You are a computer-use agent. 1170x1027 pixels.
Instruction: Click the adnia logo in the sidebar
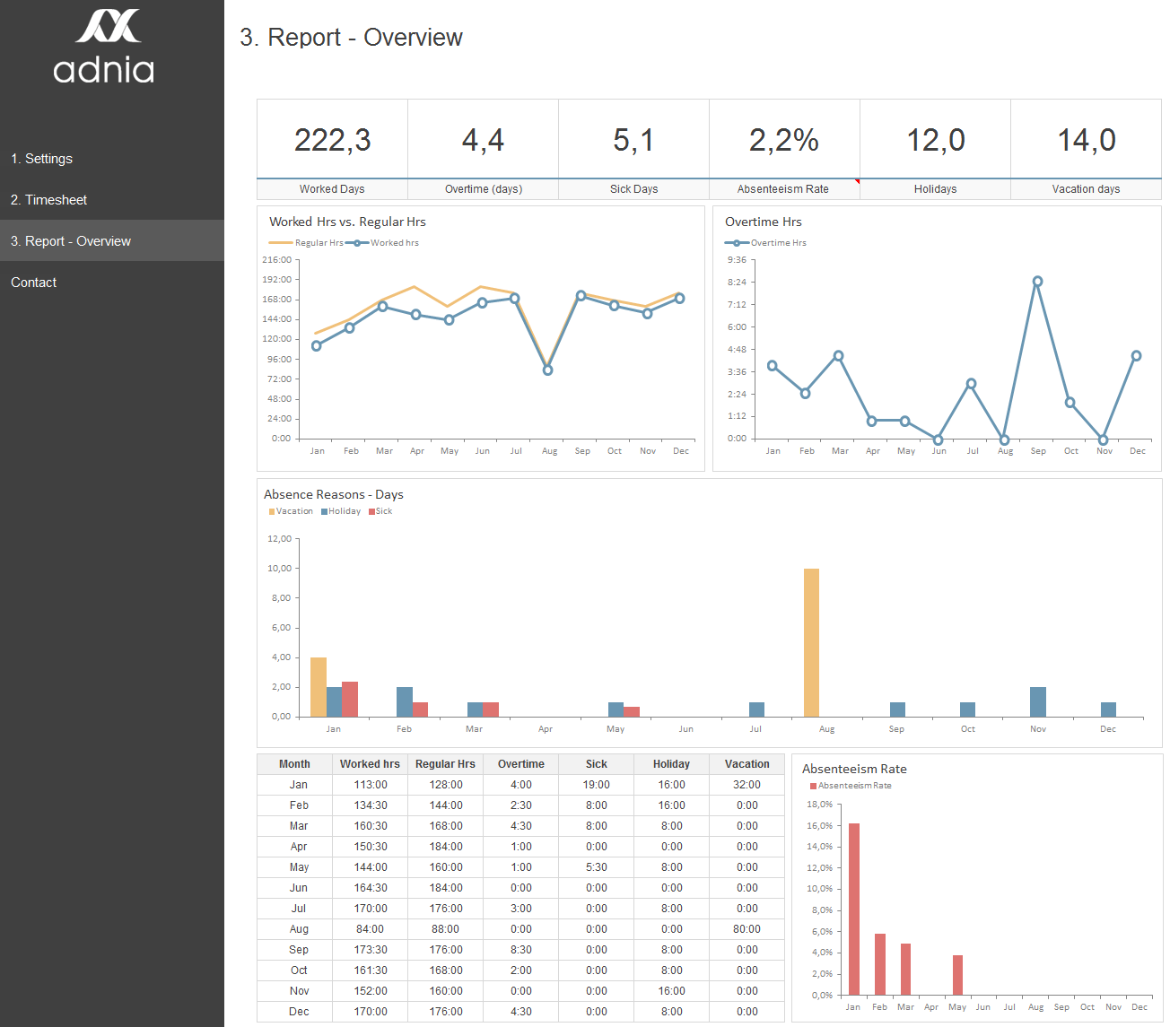click(104, 48)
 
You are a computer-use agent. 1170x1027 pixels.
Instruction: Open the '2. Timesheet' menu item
click(49, 200)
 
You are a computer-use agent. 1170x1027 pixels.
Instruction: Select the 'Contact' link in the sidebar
click(34, 283)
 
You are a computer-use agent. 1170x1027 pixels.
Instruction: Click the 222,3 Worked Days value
click(332, 140)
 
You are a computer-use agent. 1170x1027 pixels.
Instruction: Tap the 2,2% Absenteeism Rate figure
click(783, 140)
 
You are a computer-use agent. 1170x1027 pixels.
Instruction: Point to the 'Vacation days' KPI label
click(1086, 189)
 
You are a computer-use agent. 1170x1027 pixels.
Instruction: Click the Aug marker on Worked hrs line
click(548, 370)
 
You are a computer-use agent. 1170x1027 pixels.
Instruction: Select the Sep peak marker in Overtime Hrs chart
click(1037, 282)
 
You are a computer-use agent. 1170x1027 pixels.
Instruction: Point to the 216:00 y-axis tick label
click(276, 260)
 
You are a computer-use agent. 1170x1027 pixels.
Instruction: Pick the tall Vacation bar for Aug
click(811, 642)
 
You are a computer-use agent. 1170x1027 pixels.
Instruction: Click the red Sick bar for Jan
click(350, 699)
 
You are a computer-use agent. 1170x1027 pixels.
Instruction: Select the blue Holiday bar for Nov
click(1038, 701)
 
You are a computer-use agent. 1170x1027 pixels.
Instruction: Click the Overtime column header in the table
click(520, 764)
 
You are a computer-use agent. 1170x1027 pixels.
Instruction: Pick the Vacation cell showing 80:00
click(747, 929)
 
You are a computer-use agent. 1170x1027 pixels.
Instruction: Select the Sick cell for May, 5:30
click(596, 867)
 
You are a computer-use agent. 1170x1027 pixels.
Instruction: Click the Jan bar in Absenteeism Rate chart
click(854, 909)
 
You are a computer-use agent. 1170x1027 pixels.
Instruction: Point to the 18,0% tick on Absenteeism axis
click(819, 805)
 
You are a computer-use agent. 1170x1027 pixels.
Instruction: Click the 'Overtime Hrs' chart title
click(763, 222)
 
